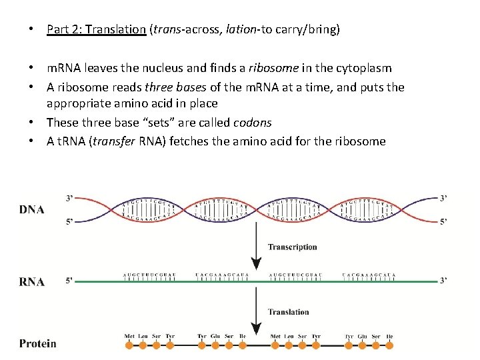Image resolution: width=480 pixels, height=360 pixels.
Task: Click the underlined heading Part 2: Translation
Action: coord(96,29)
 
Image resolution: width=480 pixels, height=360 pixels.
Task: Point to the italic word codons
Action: coord(252,123)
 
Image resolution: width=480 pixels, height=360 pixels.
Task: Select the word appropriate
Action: coord(76,104)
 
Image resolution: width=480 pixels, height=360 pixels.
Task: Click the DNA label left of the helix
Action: coord(32,209)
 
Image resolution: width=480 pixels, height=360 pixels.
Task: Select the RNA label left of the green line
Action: coord(32,281)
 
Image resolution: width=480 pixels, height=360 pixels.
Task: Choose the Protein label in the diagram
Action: coord(38,344)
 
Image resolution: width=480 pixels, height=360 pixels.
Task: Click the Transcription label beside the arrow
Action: coord(292,247)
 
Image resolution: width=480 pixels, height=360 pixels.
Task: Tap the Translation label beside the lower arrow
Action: coord(288,311)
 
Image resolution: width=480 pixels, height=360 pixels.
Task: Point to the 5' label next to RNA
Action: coord(69,281)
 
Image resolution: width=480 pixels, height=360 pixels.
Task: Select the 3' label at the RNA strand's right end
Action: coord(443,281)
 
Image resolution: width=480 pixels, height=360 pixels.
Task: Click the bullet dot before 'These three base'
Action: coord(32,123)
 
